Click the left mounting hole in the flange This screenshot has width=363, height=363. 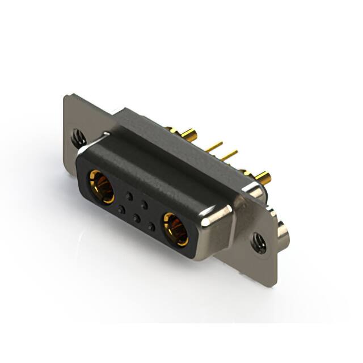(78, 137)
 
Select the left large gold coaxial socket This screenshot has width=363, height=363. (100, 185)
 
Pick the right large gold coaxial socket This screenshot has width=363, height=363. (175, 229)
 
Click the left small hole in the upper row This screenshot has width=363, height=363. (129, 196)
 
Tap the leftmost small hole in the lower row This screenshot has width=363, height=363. (120, 209)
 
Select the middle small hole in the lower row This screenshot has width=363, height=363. (136, 218)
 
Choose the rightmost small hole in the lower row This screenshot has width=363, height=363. (151, 226)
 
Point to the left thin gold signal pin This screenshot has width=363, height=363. (214, 147)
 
